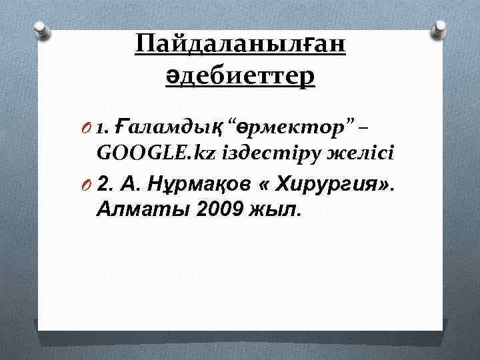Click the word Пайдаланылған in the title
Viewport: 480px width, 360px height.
point(240,46)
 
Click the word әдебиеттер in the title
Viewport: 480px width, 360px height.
point(240,77)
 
